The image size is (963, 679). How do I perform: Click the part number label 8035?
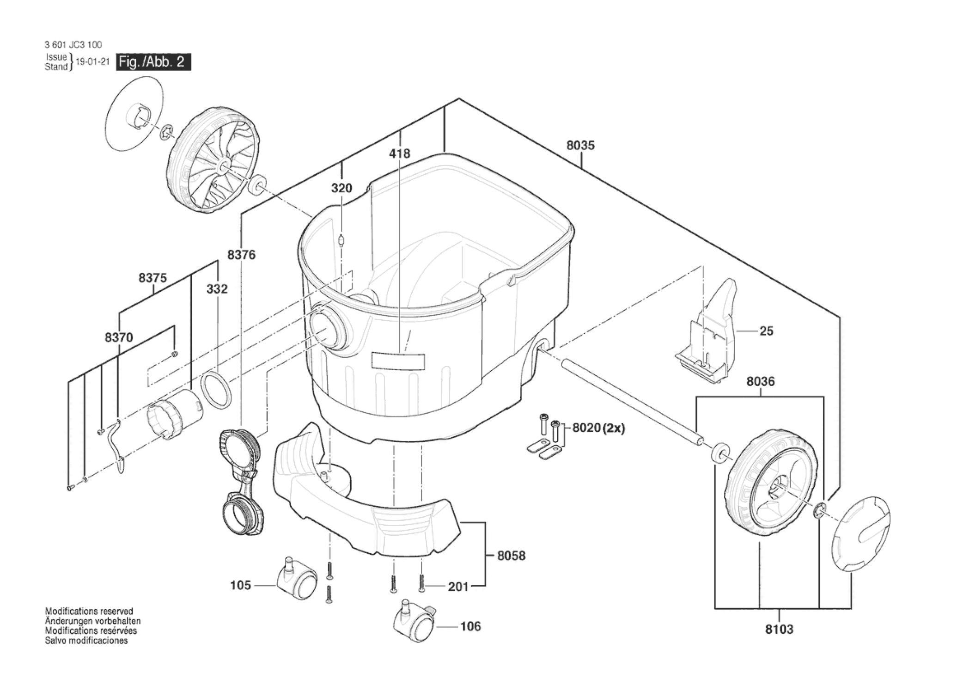580,145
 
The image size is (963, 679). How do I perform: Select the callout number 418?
399,153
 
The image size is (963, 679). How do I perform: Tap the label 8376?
241,254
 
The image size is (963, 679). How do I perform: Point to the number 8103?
779,629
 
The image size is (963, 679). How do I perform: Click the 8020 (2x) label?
598,428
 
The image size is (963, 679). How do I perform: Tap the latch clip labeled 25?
707,331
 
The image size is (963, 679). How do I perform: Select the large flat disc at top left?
134,113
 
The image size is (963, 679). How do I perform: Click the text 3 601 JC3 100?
73,45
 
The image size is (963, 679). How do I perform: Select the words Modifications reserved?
89,612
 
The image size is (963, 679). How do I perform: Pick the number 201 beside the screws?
458,587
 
